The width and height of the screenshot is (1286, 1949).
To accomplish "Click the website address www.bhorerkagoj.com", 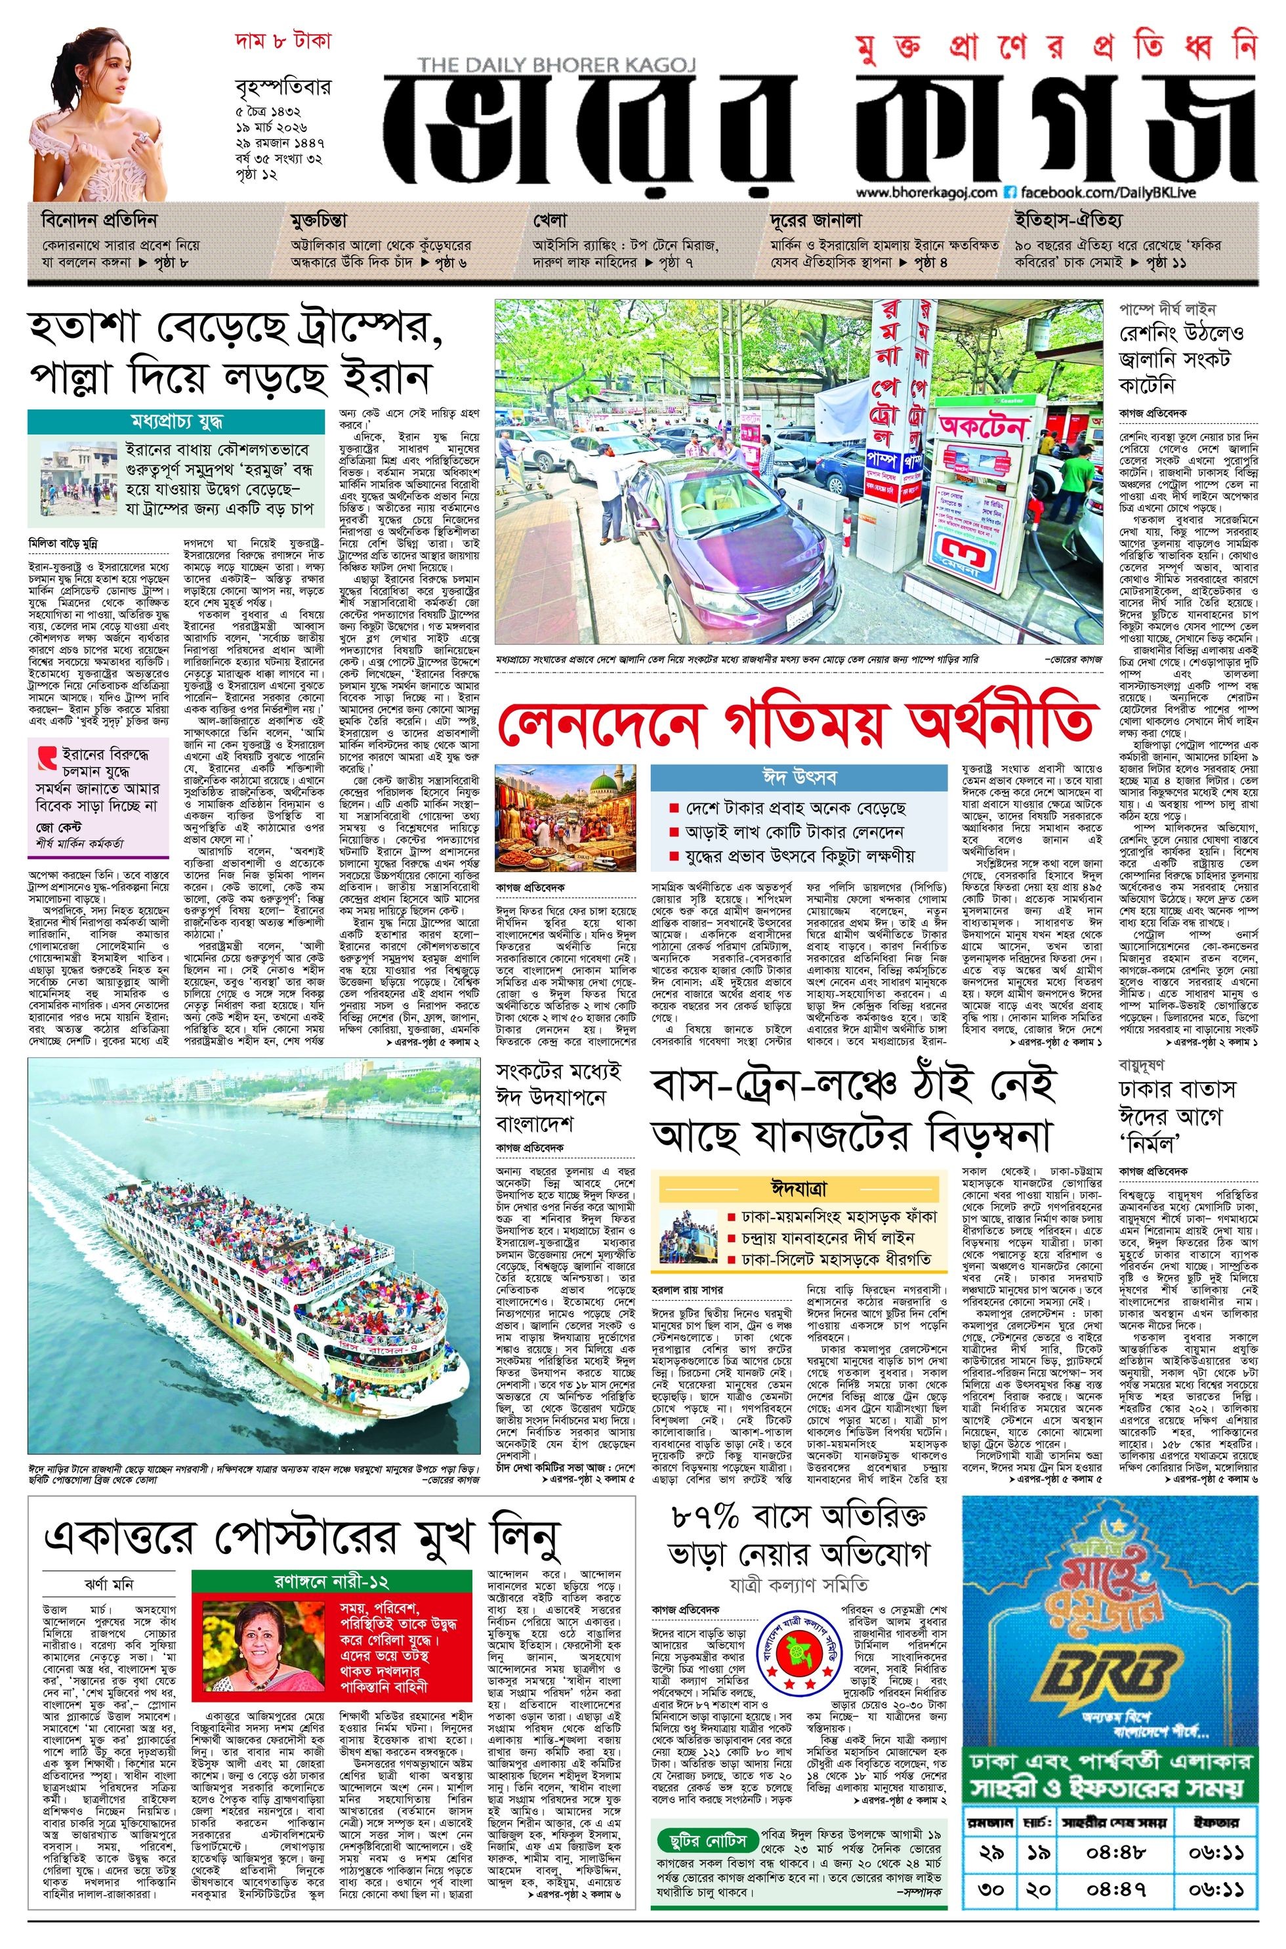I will coord(926,192).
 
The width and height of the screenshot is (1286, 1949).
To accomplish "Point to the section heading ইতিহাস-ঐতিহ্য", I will coord(1067,220).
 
